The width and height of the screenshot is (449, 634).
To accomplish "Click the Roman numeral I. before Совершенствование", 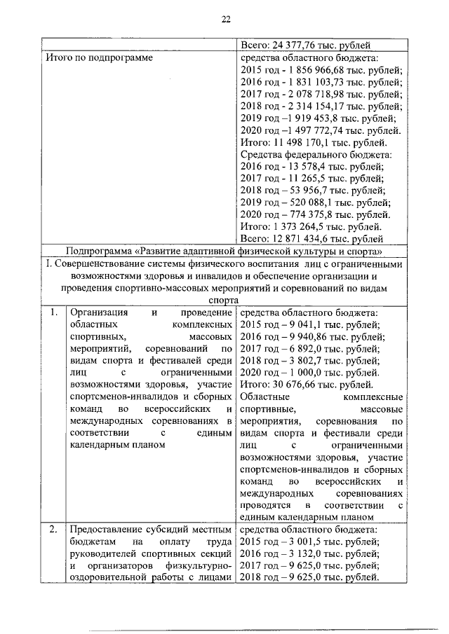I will click(x=56, y=266).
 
